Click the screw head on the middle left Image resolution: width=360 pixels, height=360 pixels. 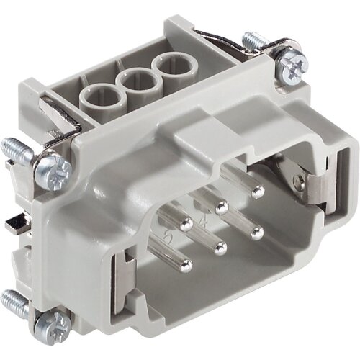click(56, 170)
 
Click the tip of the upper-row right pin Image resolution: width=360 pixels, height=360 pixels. click(258, 191)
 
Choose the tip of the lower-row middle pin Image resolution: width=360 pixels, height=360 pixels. click(221, 248)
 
